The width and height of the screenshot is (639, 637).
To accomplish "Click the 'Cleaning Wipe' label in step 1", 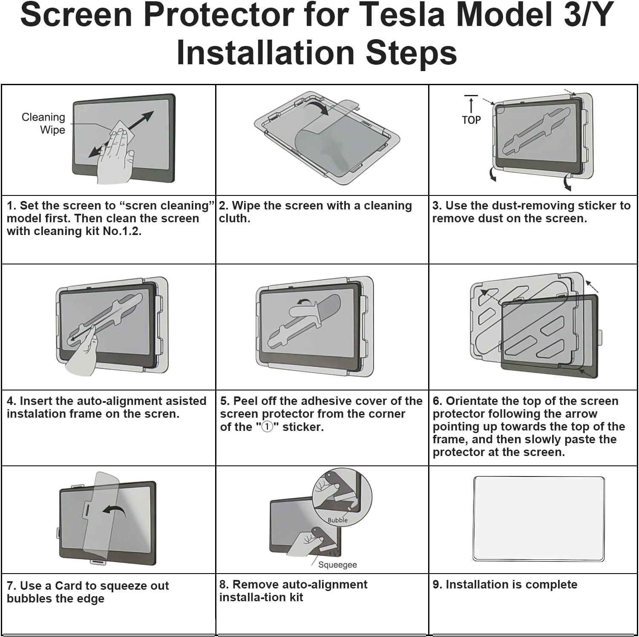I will pyautogui.click(x=44, y=123).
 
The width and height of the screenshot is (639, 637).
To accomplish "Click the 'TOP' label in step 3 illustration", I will pyautogui.click(x=471, y=120).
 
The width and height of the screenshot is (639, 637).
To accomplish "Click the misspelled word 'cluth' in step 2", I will pyautogui.click(x=234, y=218).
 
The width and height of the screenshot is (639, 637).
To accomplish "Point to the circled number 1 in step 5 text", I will pyautogui.click(x=267, y=427).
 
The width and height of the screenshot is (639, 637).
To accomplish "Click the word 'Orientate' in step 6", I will pyautogui.click(x=472, y=401).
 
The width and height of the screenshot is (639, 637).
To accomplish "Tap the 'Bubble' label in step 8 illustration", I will pyautogui.click(x=337, y=520).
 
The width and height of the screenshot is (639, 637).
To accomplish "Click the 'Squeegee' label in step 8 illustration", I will pyautogui.click(x=337, y=565).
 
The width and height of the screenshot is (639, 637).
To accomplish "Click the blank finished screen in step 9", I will pyautogui.click(x=538, y=519).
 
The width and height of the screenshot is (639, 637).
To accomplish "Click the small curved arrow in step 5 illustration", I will pyautogui.click(x=304, y=302).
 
